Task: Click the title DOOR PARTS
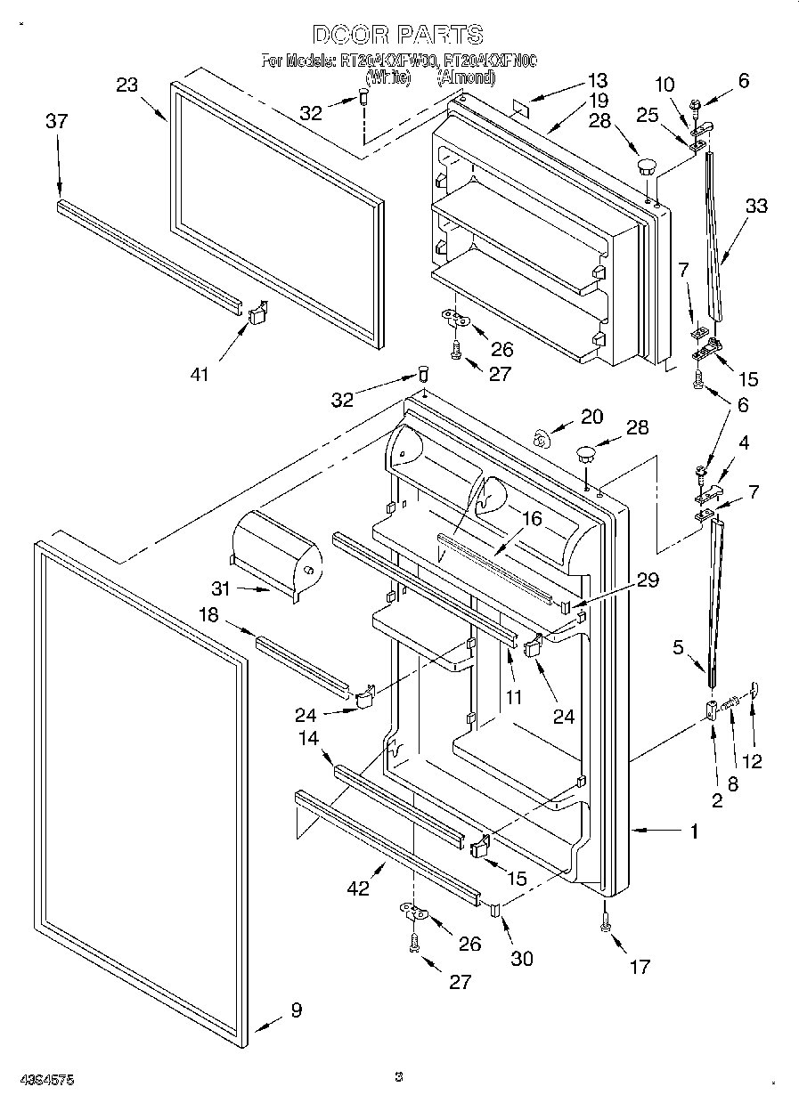398,35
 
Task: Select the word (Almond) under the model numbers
465,77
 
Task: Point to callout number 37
56,121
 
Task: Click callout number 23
127,85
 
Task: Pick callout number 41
199,374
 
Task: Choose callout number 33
756,206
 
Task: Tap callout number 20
591,416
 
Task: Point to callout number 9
296,1010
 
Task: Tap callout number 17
639,967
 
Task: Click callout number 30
521,958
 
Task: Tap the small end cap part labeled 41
257,313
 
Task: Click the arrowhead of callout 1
635,830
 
